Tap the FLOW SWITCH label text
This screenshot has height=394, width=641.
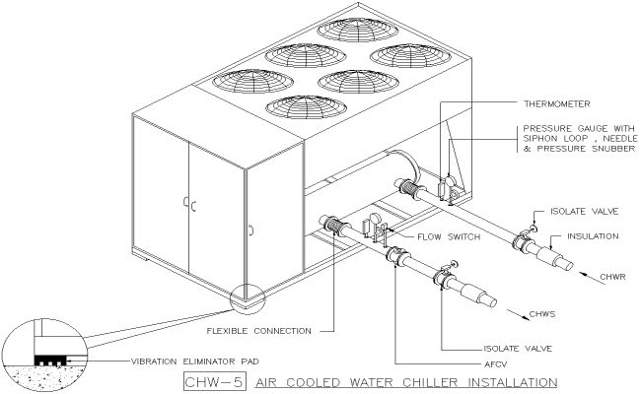click(425, 236)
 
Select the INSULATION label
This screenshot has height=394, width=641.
click(594, 236)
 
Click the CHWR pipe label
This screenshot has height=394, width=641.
click(612, 279)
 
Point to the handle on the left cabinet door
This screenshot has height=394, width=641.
click(184, 206)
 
